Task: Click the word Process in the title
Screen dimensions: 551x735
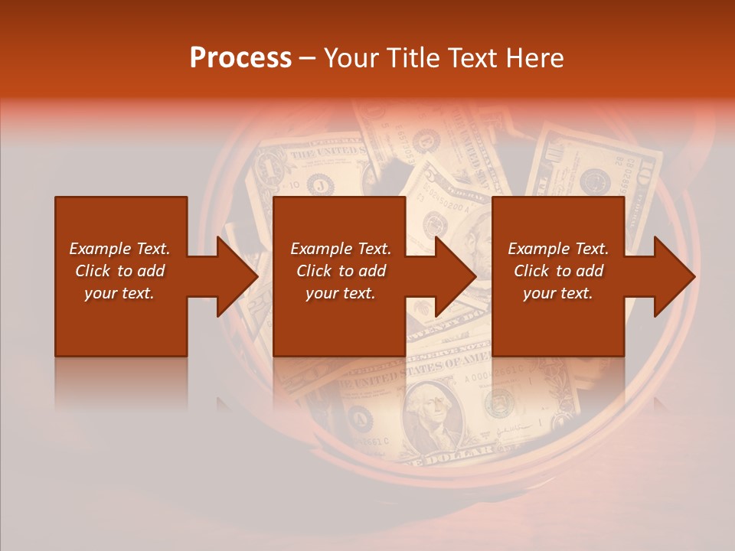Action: coord(240,58)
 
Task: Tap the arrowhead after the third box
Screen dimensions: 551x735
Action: coord(673,276)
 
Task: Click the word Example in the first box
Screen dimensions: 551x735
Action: coord(98,249)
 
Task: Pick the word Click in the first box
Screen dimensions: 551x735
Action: coord(93,271)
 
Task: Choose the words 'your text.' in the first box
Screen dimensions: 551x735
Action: coord(119,293)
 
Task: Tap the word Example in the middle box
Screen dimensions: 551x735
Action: coord(319,249)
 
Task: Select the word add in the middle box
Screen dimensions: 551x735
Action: coord(373,271)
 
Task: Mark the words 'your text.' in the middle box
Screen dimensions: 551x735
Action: coord(340,293)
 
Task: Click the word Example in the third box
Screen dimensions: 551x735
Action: coord(537,249)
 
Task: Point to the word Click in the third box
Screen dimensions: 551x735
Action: coord(531,271)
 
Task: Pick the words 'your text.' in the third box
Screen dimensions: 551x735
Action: coord(558,293)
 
